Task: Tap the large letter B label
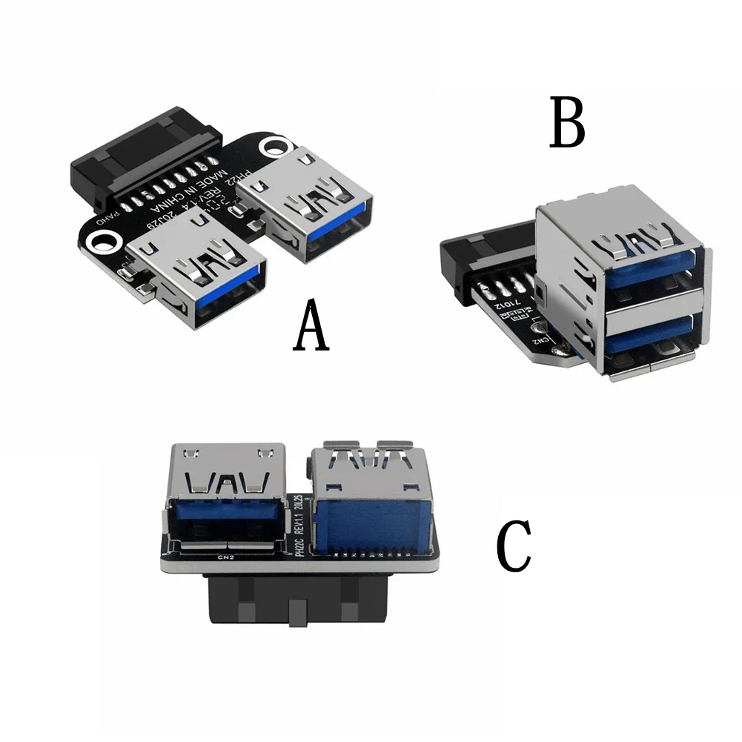(x=567, y=123)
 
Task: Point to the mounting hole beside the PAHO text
(x=102, y=241)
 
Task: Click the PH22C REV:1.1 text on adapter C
(x=299, y=527)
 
